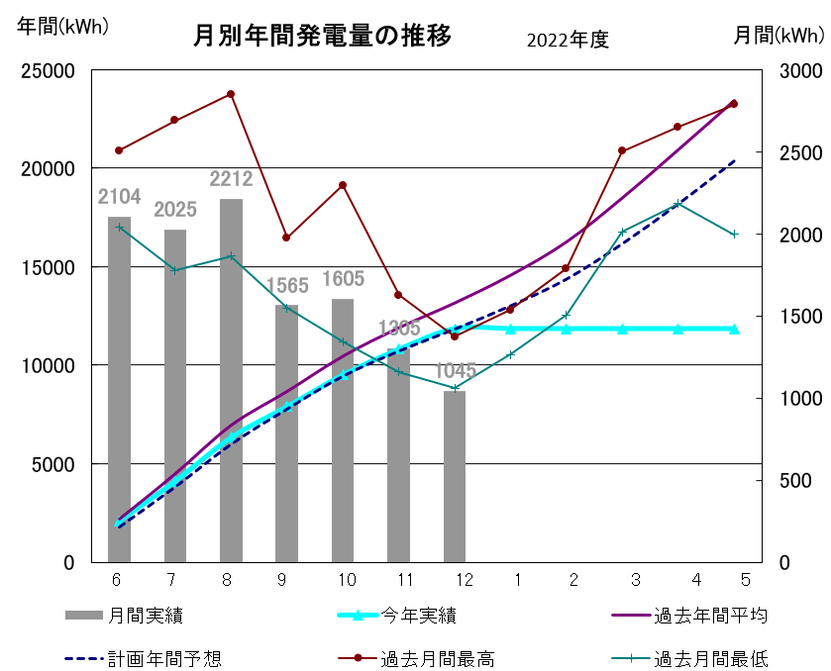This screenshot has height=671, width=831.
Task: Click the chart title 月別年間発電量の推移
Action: [x=322, y=37]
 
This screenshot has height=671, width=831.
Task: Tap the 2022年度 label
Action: [x=567, y=40]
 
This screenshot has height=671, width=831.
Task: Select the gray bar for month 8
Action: [x=231, y=381]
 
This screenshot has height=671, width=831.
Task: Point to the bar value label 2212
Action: [x=231, y=179]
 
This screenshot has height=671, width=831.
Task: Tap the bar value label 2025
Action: [x=175, y=210]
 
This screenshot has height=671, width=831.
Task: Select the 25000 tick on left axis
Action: [x=50, y=71]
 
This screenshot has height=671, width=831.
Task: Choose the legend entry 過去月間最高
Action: [x=437, y=658]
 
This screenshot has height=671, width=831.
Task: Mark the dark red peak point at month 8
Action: [x=231, y=94]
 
